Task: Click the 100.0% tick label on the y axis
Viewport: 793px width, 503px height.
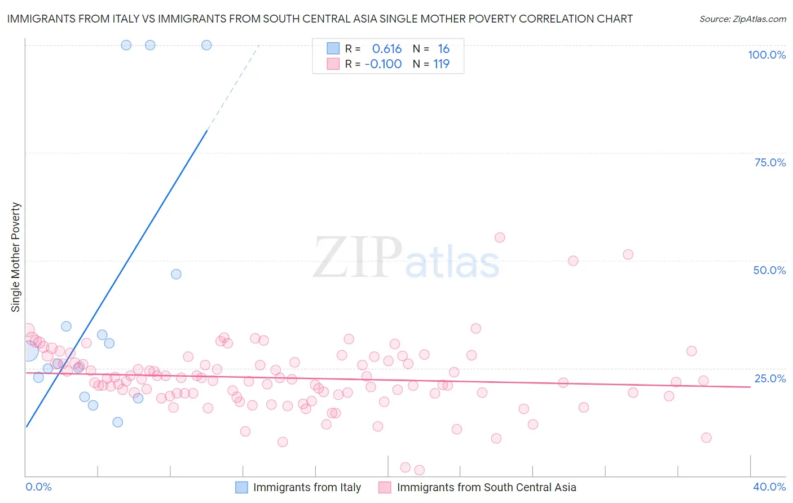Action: [x=766, y=55]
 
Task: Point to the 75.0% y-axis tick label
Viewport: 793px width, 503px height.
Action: [x=770, y=162]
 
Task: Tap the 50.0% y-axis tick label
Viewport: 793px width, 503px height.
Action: [x=769, y=270]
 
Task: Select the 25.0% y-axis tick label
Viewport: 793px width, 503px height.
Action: [x=770, y=378]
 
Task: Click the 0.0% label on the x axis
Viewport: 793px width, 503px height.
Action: [x=39, y=487]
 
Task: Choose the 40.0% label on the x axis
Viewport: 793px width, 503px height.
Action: [x=769, y=487]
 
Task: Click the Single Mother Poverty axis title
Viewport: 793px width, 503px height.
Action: [x=16, y=257]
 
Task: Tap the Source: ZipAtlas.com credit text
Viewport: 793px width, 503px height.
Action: [x=742, y=19]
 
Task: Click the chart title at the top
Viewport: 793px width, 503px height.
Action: [x=320, y=19]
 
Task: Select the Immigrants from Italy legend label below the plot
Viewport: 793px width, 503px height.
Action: [x=307, y=487]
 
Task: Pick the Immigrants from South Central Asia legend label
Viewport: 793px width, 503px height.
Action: [x=486, y=487]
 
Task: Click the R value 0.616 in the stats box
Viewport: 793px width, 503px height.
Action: [x=386, y=49]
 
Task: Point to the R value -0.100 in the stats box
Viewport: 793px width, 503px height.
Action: [x=383, y=64]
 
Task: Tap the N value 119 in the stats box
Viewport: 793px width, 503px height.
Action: [x=441, y=64]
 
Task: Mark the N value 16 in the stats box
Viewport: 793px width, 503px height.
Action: [x=443, y=49]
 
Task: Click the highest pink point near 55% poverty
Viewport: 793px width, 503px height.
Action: [x=500, y=237]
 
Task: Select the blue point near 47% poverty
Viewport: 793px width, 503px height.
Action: [x=176, y=274]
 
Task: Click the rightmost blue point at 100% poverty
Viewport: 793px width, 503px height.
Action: [x=206, y=45]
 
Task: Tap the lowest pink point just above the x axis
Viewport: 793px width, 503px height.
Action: [x=419, y=470]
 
